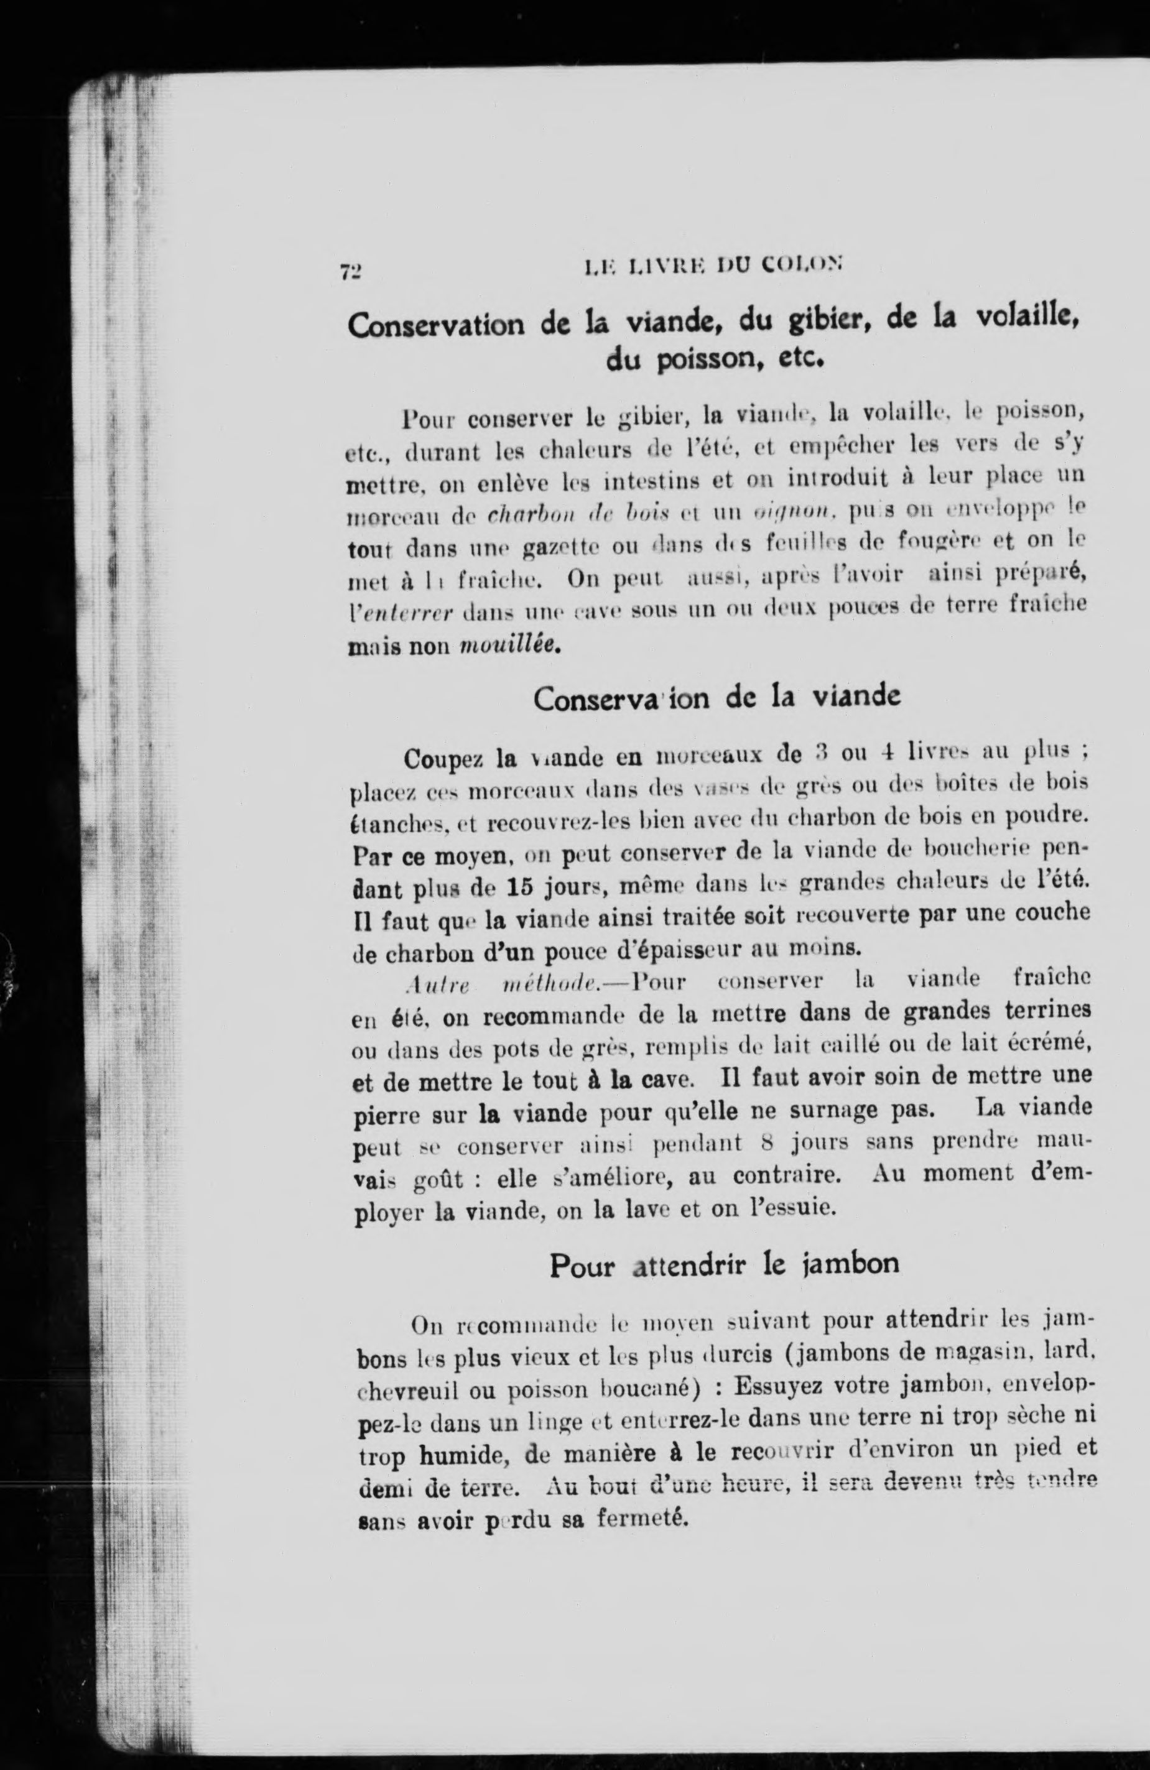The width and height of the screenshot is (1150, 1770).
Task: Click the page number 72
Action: pyautogui.click(x=350, y=271)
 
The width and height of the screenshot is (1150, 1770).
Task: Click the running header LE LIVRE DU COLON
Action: pyautogui.click(x=713, y=266)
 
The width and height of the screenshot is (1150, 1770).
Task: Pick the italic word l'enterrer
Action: pyautogui.click(x=402, y=612)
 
